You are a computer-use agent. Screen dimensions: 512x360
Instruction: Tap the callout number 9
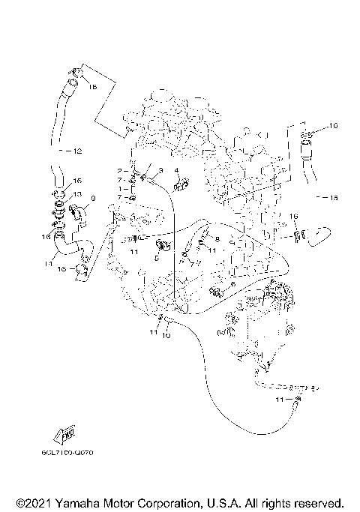tap(93, 198)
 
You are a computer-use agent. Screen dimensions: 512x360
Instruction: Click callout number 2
tap(118, 172)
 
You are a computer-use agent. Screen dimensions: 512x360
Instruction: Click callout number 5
tap(155, 256)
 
